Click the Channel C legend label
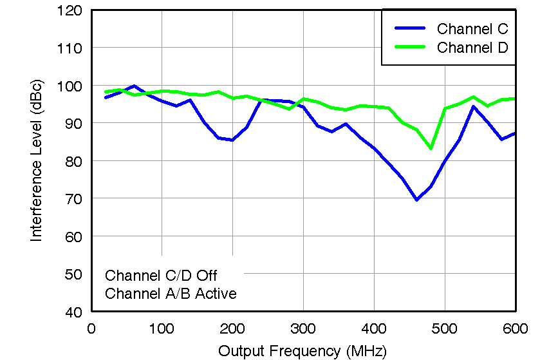pyautogui.click(x=472, y=29)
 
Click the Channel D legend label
pyautogui.click(x=472, y=48)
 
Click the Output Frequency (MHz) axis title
pyautogui.click(x=303, y=351)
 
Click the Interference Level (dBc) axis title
pyautogui.click(x=37, y=161)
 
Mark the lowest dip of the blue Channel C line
pyautogui.click(x=416, y=200)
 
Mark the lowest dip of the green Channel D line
pyautogui.click(x=431, y=149)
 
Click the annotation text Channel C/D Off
pyautogui.click(x=161, y=276)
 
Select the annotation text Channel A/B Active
pyautogui.click(x=171, y=294)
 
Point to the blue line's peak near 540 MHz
pyautogui.click(x=473, y=106)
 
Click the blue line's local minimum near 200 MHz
pyautogui.click(x=232, y=140)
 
